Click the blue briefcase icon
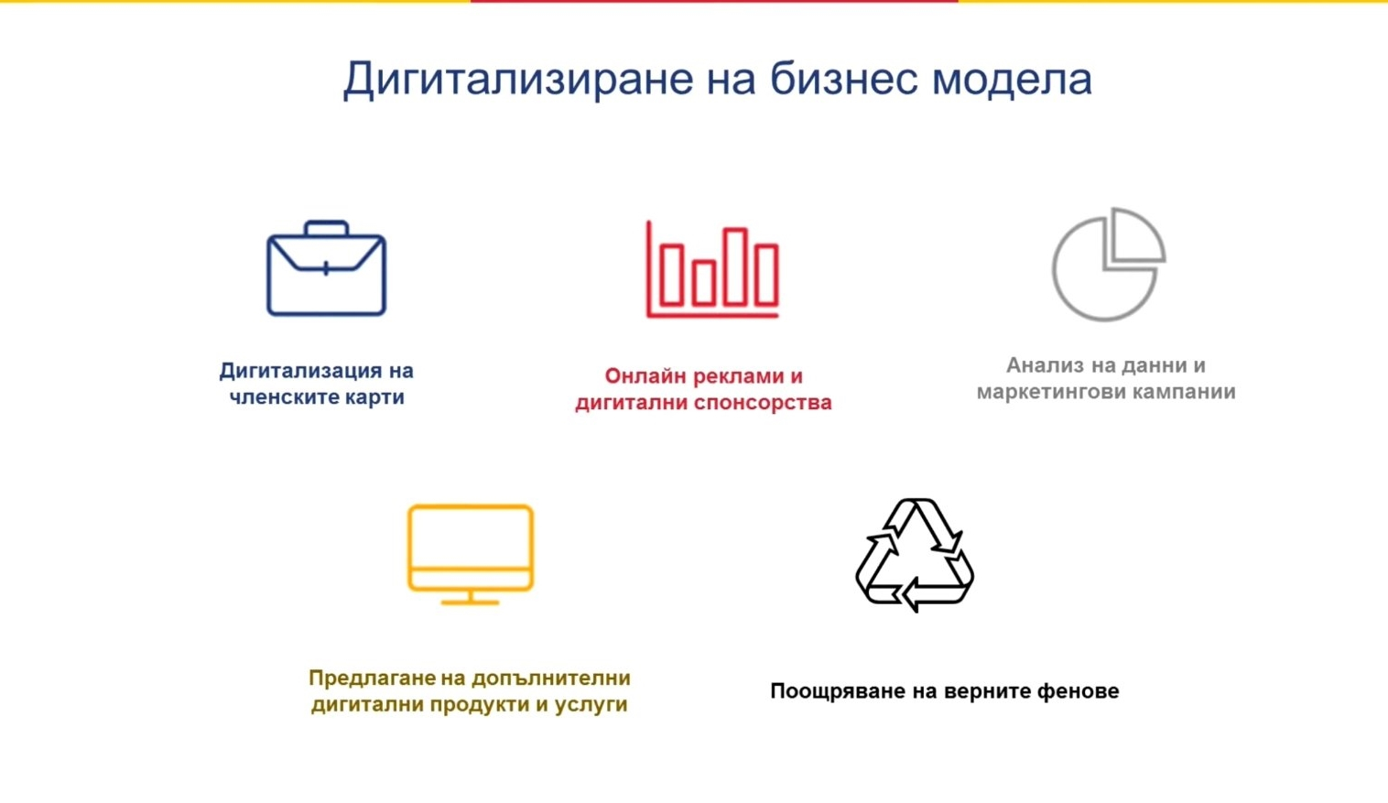point(327,267)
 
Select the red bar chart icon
point(712,269)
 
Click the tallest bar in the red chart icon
point(735,267)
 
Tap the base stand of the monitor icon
point(471,602)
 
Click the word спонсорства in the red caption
point(763,403)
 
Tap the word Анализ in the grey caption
point(1045,365)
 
